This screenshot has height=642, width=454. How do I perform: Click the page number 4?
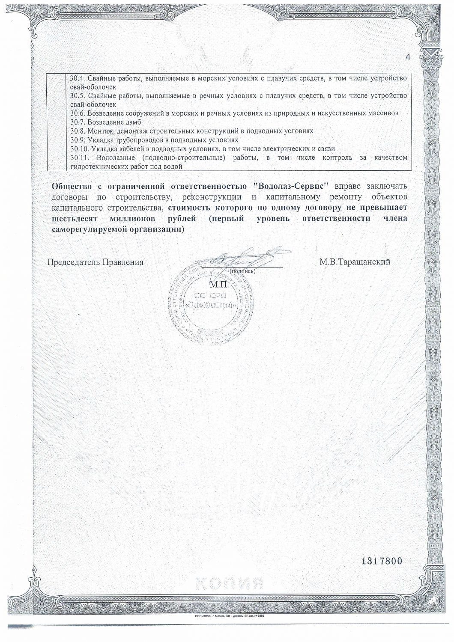coord(407,57)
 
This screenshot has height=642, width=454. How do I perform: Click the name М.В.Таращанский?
coord(355,262)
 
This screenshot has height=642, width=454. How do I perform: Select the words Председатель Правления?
coord(95,262)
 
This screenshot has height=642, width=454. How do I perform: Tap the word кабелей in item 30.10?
coord(128,149)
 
